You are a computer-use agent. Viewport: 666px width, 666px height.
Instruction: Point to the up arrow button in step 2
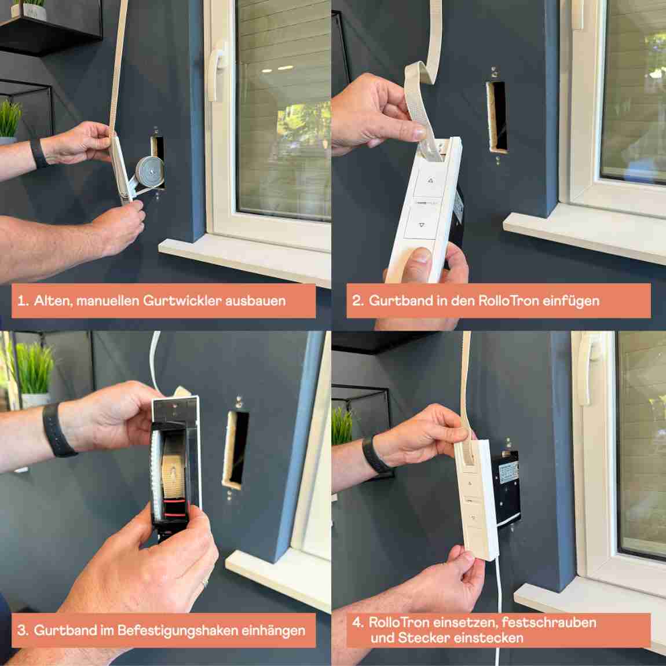pos(430,180)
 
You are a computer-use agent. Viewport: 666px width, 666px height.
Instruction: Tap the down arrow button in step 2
pos(421,226)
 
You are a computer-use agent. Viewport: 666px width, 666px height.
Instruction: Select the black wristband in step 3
pos(57,430)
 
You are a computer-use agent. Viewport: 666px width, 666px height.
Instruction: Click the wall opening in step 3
pos(236,446)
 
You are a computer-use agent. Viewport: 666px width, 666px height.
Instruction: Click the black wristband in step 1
pos(39,153)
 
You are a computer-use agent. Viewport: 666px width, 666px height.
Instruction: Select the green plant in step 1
pos(10,118)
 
